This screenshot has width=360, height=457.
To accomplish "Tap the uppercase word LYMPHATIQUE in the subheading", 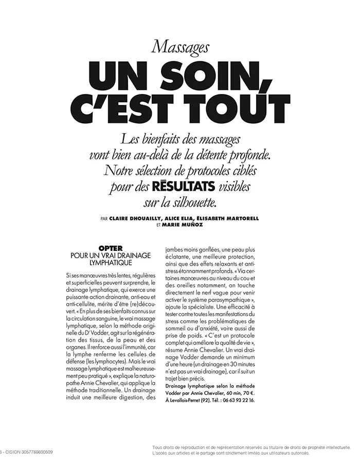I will (x=111, y=262).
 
